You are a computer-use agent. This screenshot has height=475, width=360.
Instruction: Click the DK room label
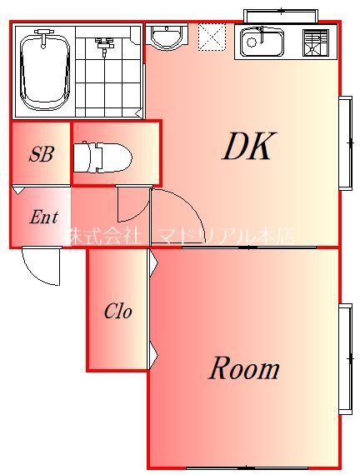pyautogui.click(x=247, y=147)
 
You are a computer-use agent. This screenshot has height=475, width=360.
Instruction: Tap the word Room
pyautogui.click(x=243, y=367)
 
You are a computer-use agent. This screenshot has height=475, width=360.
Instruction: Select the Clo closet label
pyautogui.click(x=117, y=312)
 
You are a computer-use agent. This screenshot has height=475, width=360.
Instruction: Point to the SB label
pyautogui.click(x=41, y=154)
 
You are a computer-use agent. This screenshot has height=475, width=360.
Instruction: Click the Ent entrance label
pyautogui.click(x=43, y=217)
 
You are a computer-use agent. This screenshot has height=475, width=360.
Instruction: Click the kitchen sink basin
pyautogui.click(x=262, y=42)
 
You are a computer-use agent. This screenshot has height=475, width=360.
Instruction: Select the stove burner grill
pyautogui.click(x=316, y=42)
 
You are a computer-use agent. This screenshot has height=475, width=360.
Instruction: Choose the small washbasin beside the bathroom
pyautogui.click(x=167, y=37)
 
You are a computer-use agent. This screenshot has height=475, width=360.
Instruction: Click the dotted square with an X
pyautogui.click(x=212, y=37)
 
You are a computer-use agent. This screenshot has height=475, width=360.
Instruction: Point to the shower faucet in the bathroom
pyautogui.click(x=104, y=45)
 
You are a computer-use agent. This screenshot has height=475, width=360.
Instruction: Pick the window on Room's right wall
pyautogui.click(x=345, y=357)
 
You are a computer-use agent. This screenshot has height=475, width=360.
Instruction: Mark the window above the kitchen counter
pyautogui.click(x=281, y=14)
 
